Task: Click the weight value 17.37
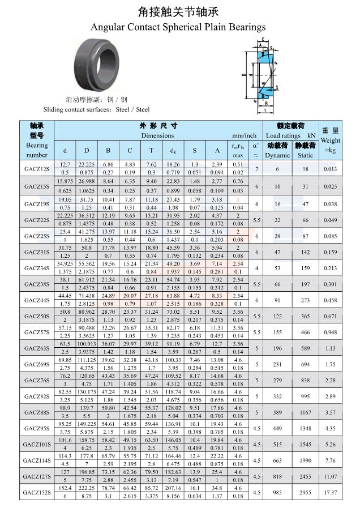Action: point(331,492)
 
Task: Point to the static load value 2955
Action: point(305,492)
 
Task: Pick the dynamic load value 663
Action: point(278,460)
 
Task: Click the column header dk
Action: point(173,151)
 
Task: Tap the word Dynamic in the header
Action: point(277,155)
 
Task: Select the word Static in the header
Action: point(305,155)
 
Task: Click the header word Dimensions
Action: point(157,136)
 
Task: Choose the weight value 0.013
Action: point(331,169)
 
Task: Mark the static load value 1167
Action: point(305,412)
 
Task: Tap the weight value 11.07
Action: point(331,476)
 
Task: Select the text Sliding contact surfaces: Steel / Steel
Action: point(96,109)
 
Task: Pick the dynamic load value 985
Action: point(278,492)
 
